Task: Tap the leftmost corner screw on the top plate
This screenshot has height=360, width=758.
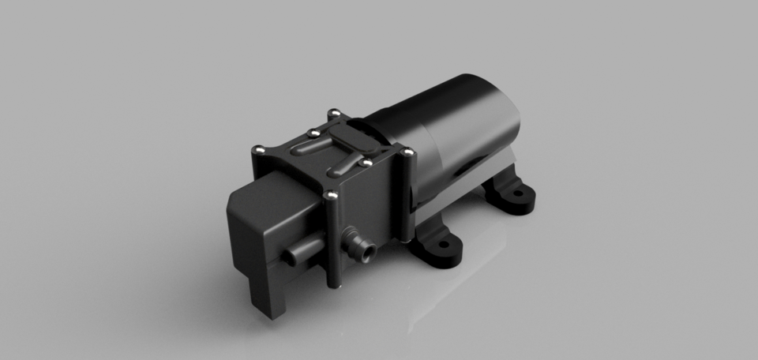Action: tap(258, 148)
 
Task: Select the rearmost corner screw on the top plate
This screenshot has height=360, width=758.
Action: tap(333, 112)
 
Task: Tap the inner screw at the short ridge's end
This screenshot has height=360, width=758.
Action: tap(366, 163)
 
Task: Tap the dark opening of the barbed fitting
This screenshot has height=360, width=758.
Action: tap(368, 253)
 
